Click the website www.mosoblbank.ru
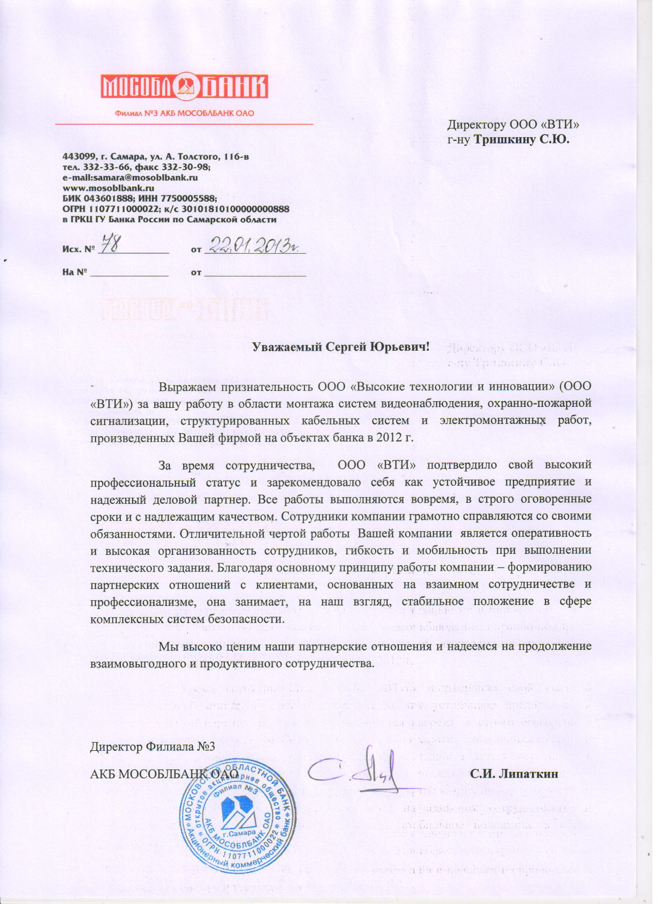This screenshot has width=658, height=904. coord(108,188)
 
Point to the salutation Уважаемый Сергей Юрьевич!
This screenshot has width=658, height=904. coord(341,347)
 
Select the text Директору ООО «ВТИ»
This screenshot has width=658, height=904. coord(516,125)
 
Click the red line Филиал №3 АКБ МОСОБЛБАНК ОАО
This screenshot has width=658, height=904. coord(184,113)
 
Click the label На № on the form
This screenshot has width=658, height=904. coord(73,272)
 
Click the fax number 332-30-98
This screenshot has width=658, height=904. coord(188,167)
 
